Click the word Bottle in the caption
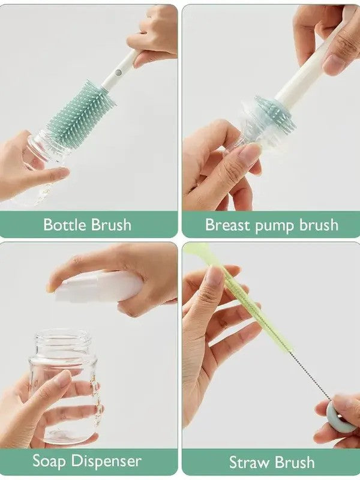65,225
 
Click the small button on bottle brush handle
118,72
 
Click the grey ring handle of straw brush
337,414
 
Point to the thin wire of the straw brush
306,372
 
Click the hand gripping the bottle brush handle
153,36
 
